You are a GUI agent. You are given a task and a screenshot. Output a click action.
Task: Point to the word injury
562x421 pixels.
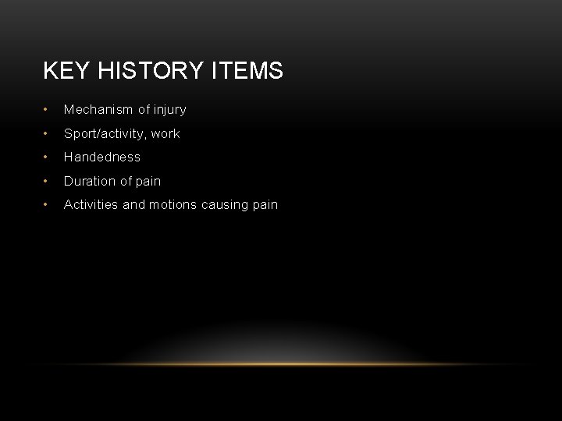[169, 110]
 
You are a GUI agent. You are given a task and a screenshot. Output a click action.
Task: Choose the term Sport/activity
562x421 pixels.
[105, 133]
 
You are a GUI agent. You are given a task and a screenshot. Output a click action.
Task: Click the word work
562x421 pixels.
[165, 133]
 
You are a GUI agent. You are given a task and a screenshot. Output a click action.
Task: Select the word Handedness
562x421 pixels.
[102, 157]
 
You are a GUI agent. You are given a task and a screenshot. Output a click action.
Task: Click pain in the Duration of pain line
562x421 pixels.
[148, 181]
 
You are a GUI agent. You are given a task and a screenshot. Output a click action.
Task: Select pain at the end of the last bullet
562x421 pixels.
[265, 205]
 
